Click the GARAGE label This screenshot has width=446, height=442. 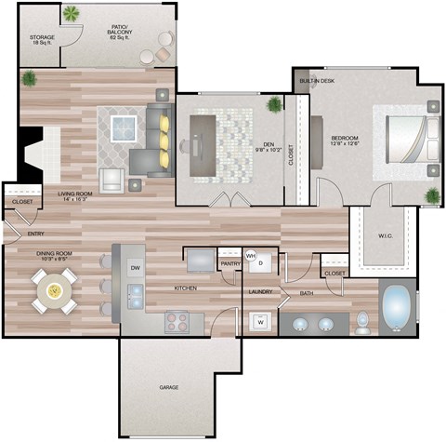168,387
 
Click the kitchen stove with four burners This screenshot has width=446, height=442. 177,321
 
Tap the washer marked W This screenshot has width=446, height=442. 259,322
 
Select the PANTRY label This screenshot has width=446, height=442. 230,264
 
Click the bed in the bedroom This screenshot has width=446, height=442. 405,140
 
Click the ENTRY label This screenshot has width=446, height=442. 35,234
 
